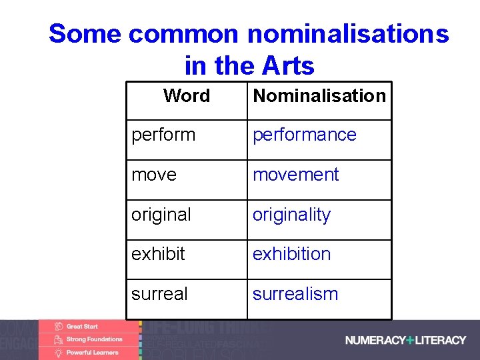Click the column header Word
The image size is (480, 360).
186,96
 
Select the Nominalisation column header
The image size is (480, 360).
319,96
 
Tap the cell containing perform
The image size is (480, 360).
163,135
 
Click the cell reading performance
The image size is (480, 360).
304,135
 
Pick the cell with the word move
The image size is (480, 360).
154,175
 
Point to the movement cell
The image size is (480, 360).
295,175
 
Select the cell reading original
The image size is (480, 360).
161,215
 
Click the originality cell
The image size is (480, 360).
291,215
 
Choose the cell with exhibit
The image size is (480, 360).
158,254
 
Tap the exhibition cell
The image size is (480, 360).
291,254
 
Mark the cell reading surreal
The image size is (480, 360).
159,294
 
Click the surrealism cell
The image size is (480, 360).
295,294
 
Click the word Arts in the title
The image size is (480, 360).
288,66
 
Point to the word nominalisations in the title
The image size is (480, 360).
349,33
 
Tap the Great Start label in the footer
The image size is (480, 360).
81,327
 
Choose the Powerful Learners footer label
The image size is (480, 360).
92,352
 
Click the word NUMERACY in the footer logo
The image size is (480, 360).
375,340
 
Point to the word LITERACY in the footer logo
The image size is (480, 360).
440,340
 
